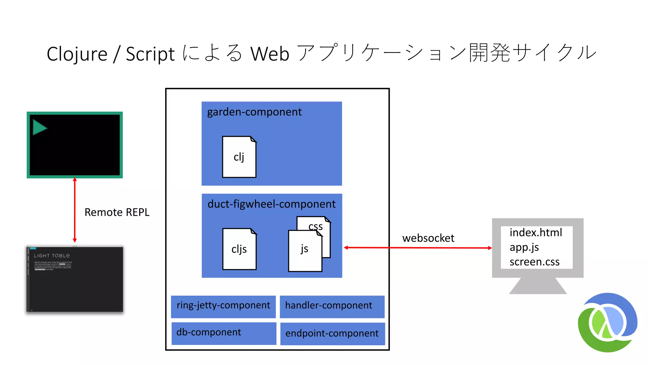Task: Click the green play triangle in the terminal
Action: coord(39,127)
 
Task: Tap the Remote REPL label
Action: coord(117,212)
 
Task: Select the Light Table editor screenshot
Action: coord(75,279)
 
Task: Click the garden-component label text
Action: coord(254,112)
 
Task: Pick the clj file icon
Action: coord(239,157)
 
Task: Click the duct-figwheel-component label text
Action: coord(271,204)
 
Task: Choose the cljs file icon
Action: coord(239,249)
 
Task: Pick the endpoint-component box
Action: coord(332,333)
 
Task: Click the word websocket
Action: coord(428,238)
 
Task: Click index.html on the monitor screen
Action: coord(536,233)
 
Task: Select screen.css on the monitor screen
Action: coord(534,262)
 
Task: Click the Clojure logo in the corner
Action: coord(607,323)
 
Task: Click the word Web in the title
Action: coord(270,54)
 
